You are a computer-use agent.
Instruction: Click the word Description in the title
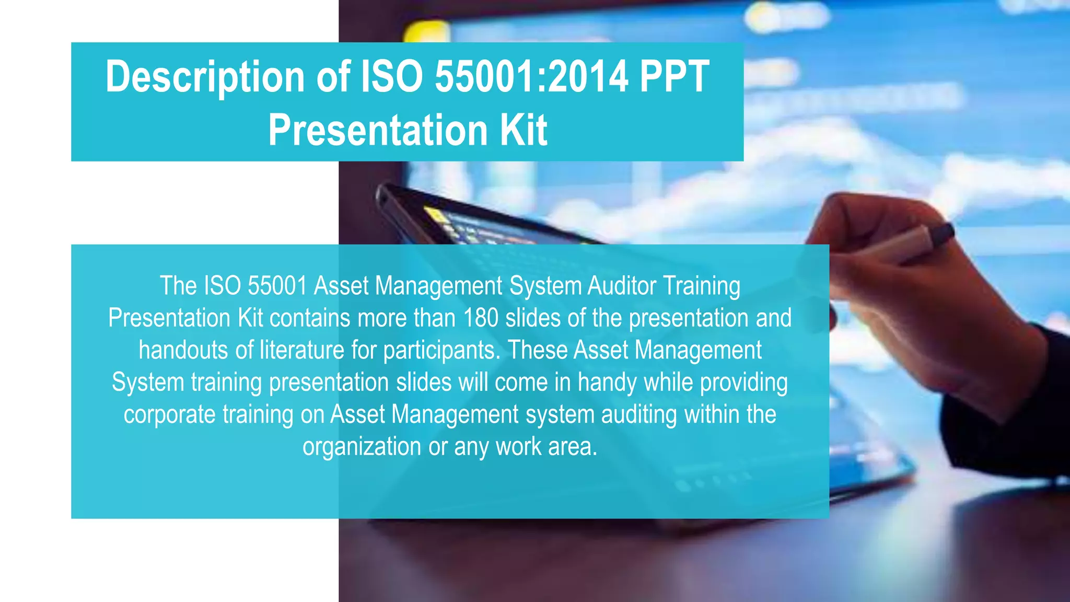click(205, 77)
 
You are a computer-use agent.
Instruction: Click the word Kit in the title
click(524, 130)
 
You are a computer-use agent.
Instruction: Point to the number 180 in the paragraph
click(481, 318)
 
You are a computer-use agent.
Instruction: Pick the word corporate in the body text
click(169, 415)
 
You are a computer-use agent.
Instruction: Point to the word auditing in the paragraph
click(639, 415)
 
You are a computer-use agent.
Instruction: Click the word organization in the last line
click(362, 447)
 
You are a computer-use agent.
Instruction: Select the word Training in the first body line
click(702, 286)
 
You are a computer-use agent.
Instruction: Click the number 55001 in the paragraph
click(277, 286)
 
